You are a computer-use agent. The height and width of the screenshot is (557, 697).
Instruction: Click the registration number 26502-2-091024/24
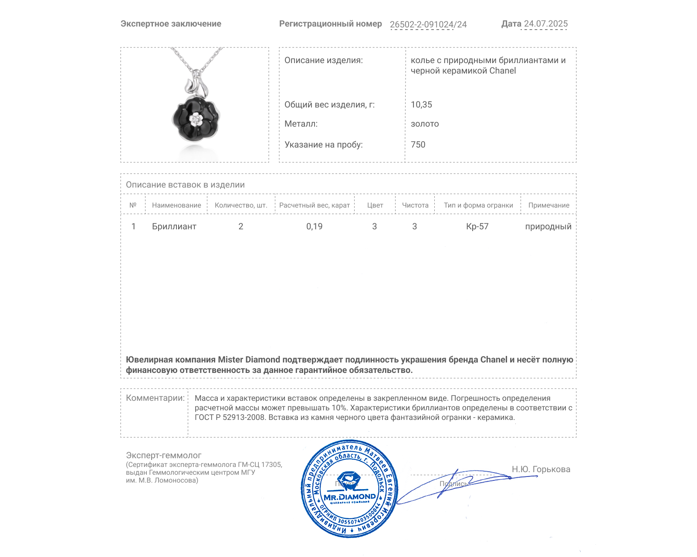428,24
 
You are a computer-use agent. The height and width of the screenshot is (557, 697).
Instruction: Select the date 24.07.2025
545,23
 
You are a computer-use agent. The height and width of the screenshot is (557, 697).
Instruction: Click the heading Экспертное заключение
171,24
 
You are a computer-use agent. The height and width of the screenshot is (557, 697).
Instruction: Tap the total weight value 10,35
421,104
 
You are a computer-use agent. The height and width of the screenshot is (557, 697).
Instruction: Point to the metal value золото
425,124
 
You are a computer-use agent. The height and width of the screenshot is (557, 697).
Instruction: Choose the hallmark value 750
418,144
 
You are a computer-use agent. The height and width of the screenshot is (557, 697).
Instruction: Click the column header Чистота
415,205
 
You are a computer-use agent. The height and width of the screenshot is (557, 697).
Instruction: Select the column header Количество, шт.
240,205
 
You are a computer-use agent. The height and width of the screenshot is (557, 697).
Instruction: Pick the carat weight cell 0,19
314,226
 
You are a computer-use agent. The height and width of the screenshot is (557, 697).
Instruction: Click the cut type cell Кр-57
477,226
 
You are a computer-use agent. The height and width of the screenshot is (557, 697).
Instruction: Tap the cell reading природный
548,226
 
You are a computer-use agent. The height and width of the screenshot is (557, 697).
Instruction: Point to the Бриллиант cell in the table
174,226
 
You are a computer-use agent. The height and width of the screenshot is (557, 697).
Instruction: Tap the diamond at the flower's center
196,119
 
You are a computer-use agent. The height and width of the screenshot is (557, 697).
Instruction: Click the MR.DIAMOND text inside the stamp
349,497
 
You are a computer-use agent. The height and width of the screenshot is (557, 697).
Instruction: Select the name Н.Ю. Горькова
541,469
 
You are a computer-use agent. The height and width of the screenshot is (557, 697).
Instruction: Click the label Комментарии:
155,398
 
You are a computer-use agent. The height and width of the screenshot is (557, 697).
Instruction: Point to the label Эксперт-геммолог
163,455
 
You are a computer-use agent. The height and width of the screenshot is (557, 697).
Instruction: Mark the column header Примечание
548,205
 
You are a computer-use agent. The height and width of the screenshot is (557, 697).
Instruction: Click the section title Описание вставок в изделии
185,185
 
